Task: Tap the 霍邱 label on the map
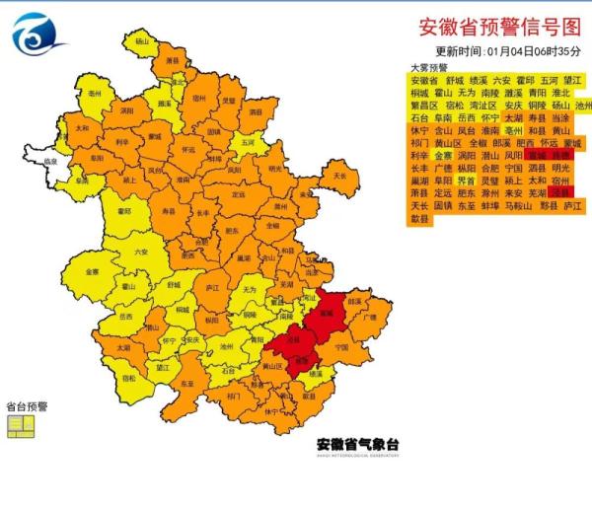pos(124,210)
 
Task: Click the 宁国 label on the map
pos(341,347)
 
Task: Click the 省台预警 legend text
pos(27,405)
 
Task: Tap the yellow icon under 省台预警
pos(21,425)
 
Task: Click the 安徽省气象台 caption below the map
pos(357,444)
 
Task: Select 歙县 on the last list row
pos(418,220)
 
